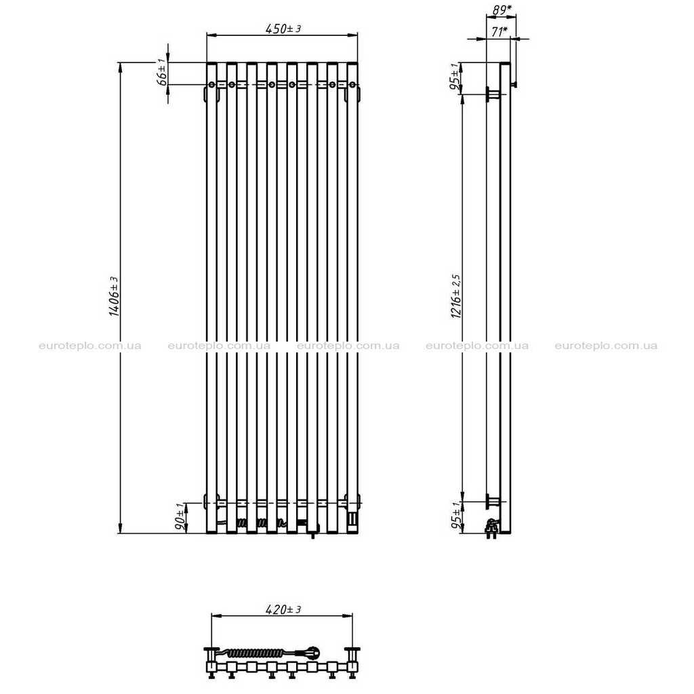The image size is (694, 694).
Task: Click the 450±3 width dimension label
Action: (x=283, y=28)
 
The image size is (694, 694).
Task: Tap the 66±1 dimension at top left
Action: (x=163, y=72)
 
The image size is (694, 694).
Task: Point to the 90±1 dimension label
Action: (x=180, y=517)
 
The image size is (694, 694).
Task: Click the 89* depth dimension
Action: (x=502, y=9)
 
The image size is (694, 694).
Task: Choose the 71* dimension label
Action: (x=499, y=32)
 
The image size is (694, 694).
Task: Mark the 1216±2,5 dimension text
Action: (x=456, y=296)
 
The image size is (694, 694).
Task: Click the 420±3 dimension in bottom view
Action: (x=283, y=609)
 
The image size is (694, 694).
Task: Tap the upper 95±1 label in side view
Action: (x=455, y=77)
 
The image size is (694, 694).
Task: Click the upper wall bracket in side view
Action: (x=493, y=94)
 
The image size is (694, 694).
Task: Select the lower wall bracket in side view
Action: (x=493, y=502)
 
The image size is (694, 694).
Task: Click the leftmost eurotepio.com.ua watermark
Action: (x=90, y=346)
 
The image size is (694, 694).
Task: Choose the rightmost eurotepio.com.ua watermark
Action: (x=606, y=346)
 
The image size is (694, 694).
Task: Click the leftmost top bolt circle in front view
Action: (x=212, y=85)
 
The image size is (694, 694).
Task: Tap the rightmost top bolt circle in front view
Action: (x=352, y=85)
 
